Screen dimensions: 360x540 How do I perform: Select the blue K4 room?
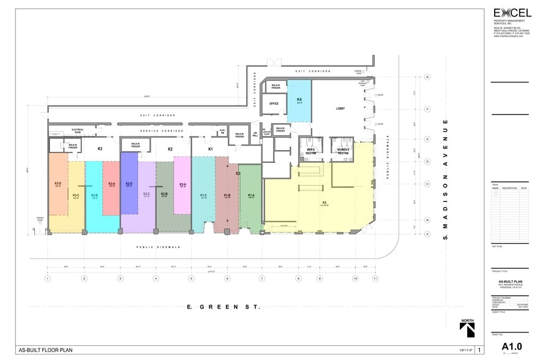coord(299,100)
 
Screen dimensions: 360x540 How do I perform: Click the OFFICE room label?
coord(274,103)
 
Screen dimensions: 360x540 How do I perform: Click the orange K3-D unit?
coord(58,183)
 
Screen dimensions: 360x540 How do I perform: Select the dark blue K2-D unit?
coord(129,183)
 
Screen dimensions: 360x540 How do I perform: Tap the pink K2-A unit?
coord(182,184)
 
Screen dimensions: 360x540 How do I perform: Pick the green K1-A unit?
coord(250,196)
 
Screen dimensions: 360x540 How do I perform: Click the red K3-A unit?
coord(111,184)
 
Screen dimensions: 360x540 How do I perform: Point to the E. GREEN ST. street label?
coord(224,307)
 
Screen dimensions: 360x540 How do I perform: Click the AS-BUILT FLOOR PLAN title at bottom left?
coord(48,350)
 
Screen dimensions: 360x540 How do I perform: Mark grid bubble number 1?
coord(47,279)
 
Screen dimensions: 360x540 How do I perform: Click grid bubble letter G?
coord(428,77)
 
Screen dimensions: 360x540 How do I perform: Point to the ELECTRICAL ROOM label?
coord(77,130)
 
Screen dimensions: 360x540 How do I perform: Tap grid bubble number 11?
coord(375,279)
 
